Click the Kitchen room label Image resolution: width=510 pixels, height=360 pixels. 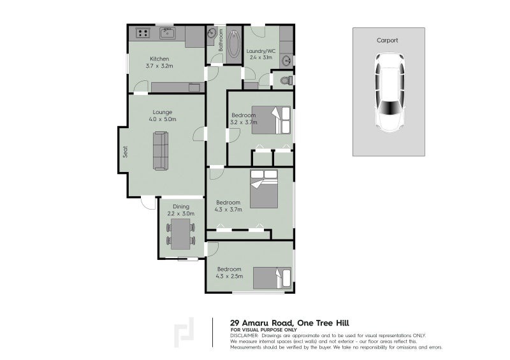[159, 59]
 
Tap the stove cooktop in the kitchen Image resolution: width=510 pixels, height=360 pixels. [143, 33]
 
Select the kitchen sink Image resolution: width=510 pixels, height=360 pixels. [168, 33]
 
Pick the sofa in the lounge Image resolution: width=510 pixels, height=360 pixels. [161, 151]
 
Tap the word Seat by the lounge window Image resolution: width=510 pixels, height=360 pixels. [125, 152]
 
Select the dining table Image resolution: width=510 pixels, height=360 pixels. [181, 234]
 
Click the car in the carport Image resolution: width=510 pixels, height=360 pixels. [389, 92]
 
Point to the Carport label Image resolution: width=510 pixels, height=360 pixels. [387, 40]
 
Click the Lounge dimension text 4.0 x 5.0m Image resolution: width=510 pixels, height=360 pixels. [163, 119]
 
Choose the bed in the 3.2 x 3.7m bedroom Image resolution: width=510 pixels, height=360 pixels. [272, 120]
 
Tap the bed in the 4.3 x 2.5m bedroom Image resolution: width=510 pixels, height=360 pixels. [272, 278]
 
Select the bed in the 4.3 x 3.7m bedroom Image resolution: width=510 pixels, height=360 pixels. [264, 189]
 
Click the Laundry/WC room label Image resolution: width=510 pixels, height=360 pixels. [261, 51]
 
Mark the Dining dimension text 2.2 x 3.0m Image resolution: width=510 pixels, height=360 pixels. [181, 213]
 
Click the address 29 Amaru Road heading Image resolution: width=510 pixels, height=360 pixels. [289, 323]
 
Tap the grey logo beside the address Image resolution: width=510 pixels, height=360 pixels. [184, 333]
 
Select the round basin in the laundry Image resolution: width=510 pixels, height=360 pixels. [287, 61]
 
